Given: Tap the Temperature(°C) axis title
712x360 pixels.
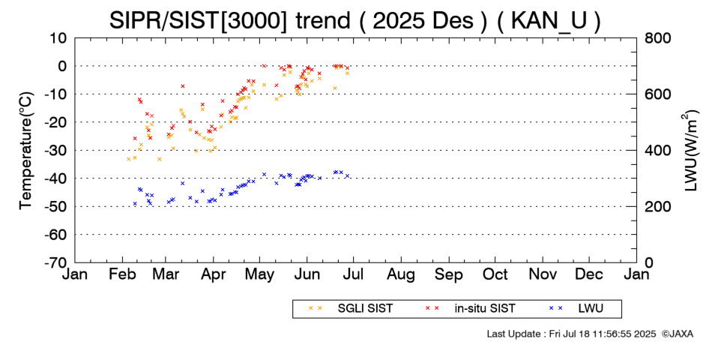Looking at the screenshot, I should pyautogui.click(x=25, y=150).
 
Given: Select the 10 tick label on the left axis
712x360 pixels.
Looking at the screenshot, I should pyautogui.click(x=58, y=37).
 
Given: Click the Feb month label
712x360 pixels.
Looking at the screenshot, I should pyautogui.click(x=121, y=275).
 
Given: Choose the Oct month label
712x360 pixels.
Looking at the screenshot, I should pyautogui.click(x=496, y=275).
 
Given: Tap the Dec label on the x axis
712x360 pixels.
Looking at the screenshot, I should pyautogui.click(x=590, y=275).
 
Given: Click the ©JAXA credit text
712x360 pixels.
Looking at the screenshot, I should pyautogui.click(x=677, y=333).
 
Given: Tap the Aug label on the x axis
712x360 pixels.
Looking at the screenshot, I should pyautogui.click(x=402, y=275).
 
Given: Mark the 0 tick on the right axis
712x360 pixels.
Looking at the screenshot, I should pyautogui.click(x=649, y=262).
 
